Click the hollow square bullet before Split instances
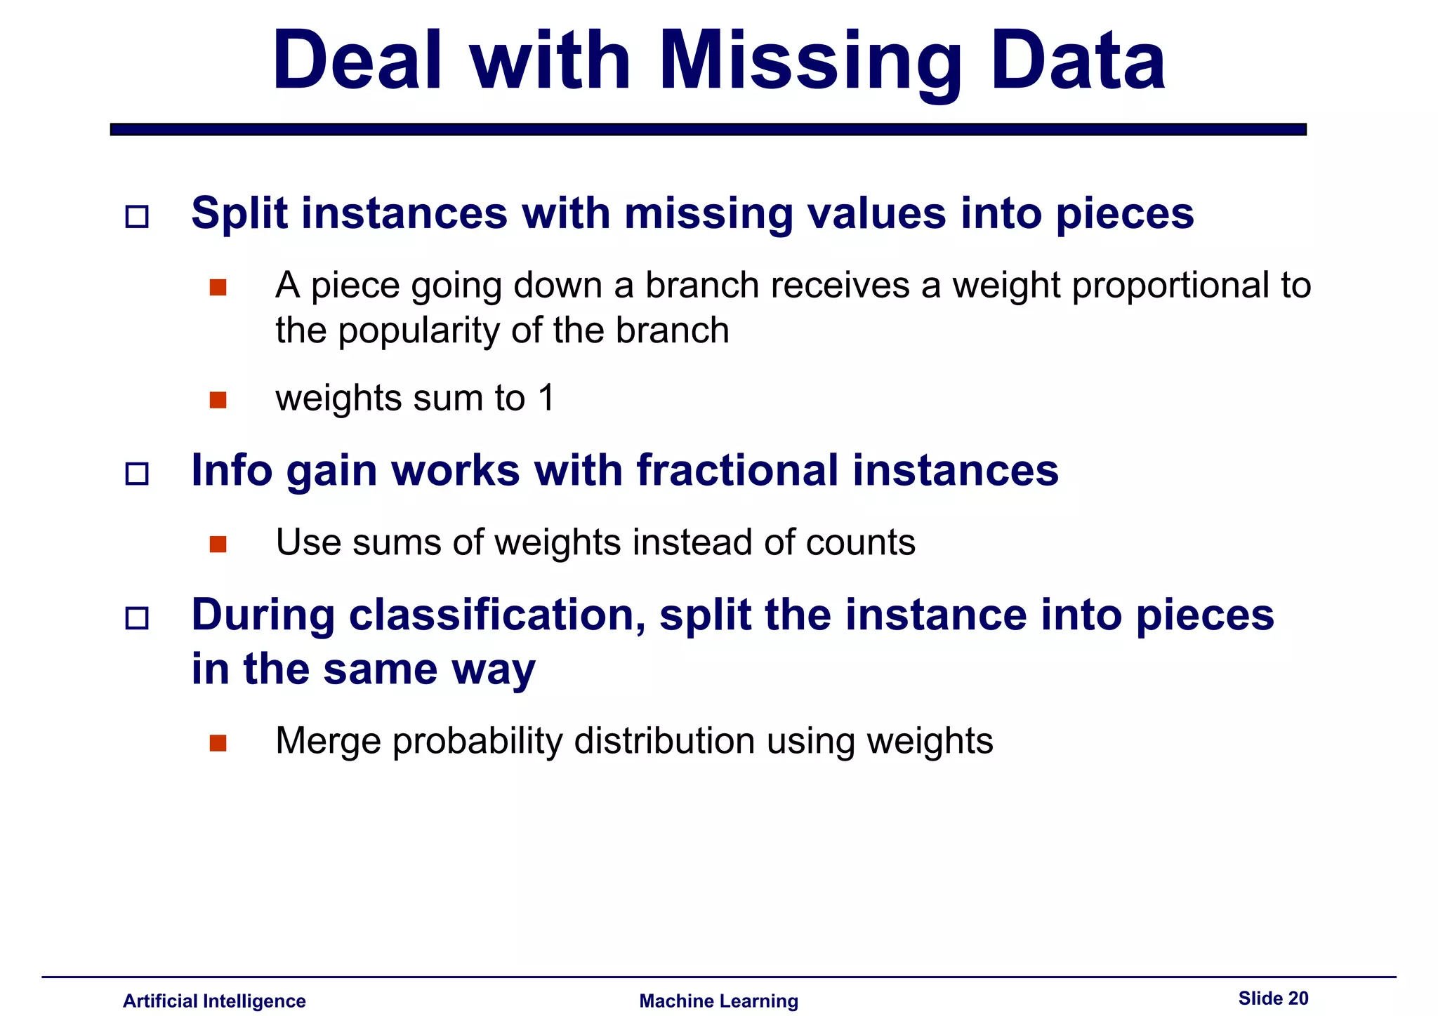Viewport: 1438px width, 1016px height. [x=137, y=216]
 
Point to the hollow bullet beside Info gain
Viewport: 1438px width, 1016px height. [x=137, y=474]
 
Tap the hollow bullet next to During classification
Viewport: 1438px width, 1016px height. [x=137, y=618]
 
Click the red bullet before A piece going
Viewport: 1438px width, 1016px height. [x=218, y=288]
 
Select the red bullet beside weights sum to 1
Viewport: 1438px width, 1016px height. [x=218, y=400]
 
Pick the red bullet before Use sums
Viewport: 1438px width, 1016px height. [x=218, y=544]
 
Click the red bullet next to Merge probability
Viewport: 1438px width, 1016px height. [x=218, y=743]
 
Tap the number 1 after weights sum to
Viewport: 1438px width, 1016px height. [x=546, y=399]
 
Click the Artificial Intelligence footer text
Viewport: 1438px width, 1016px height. [x=214, y=1001]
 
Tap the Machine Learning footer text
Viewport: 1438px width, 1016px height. [x=718, y=1001]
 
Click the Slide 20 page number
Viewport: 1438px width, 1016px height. [x=1273, y=998]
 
